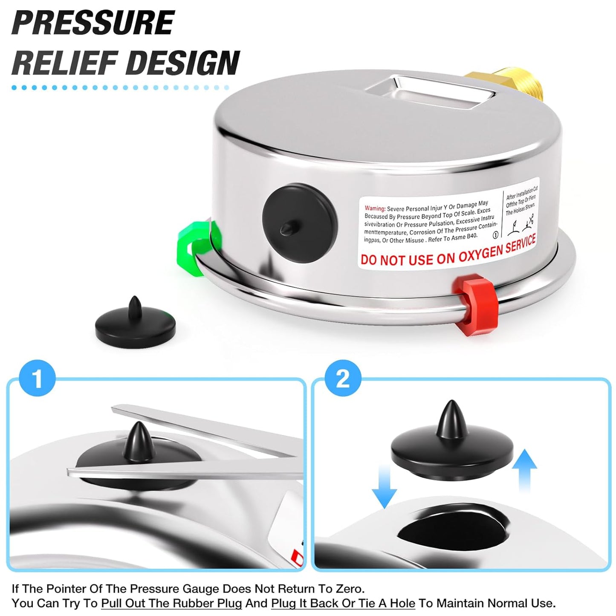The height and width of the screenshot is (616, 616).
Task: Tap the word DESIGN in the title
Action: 183,63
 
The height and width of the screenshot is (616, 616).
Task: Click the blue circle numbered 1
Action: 38,379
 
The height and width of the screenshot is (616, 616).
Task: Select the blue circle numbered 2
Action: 343,379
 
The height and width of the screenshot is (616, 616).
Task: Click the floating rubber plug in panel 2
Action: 452,452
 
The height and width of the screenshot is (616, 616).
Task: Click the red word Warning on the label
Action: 375,208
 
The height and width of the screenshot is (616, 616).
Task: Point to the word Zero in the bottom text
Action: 349,589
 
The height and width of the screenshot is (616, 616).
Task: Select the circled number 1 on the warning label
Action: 495,235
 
